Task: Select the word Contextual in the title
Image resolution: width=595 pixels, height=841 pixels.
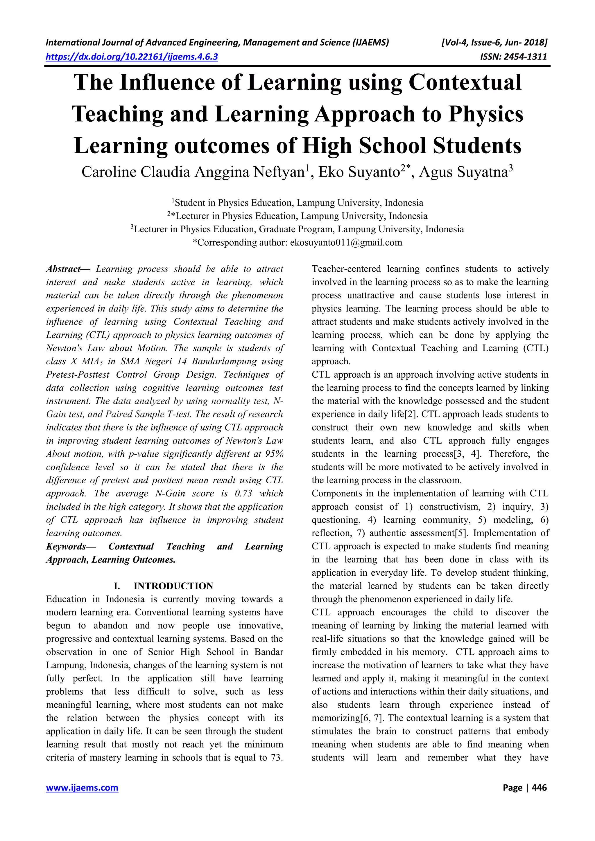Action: pyautogui.click(x=465, y=82)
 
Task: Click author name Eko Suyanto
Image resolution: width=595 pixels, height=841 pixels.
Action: pyautogui.click(x=359, y=172)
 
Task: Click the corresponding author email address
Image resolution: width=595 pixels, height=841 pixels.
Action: pyautogui.click(x=346, y=242)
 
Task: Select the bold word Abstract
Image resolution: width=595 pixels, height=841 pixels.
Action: pyautogui.click(x=63, y=269)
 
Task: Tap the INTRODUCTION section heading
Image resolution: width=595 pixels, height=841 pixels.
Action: pyautogui.click(x=173, y=586)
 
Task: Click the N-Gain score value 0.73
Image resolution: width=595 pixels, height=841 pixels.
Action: pyautogui.click(x=243, y=494)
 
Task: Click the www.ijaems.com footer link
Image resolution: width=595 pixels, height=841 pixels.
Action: pyautogui.click(x=82, y=788)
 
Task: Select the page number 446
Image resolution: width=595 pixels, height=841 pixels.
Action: pyautogui.click(x=539, y=788)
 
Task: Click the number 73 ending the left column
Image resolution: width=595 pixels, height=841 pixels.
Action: pyautogui.click(x=277, y=757)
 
